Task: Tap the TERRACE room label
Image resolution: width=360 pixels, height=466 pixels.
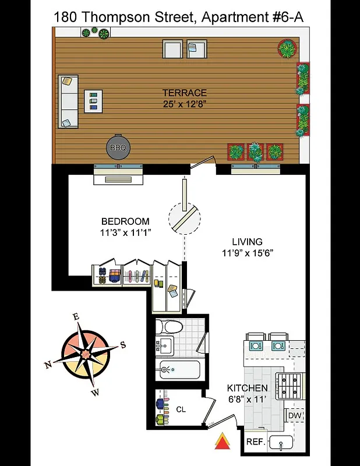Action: coord(184,93)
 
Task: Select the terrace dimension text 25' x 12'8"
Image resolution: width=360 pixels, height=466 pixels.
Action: coord(184,104)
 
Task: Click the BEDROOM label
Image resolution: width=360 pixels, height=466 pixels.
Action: coord(125,221)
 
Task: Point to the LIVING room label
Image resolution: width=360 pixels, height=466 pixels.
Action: coord(247,242)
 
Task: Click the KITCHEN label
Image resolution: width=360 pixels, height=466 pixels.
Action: coord(247,389)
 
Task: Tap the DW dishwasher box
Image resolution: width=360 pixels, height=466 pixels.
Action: coord(294,415)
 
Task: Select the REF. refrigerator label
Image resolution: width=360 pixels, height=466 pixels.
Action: coord(256,442)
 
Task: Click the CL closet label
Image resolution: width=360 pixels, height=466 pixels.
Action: coord(181,409)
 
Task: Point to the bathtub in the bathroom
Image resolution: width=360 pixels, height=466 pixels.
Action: coord(178,370)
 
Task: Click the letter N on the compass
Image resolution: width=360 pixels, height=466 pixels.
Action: coord(47,365)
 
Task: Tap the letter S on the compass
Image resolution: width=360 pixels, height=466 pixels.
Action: coord(123,344)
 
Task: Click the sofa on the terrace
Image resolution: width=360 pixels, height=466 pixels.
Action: coord(68,101)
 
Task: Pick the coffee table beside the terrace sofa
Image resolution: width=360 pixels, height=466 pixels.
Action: coord(93,101)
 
